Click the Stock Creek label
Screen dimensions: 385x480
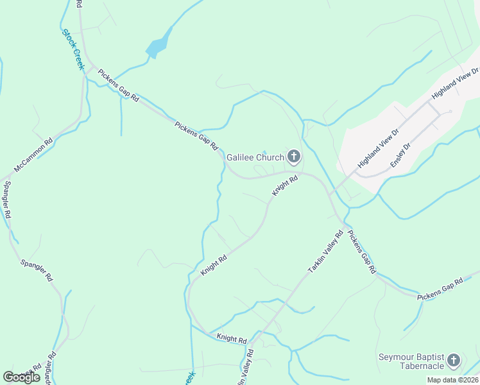coord(73,49)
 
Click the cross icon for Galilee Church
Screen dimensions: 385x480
coord(293,156)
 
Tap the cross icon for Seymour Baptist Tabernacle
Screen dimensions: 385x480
coord(454,361)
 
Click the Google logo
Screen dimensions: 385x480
coord(22,377)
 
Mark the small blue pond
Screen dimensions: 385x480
coord(158,46)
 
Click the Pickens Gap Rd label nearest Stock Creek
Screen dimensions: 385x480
coord(119,85)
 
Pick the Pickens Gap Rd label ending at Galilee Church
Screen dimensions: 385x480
coord(197,135)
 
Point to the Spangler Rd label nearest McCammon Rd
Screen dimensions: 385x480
coord(8,201)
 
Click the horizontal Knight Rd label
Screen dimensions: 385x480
coord(231,338)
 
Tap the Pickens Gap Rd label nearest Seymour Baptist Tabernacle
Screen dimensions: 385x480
coord(440,290)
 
